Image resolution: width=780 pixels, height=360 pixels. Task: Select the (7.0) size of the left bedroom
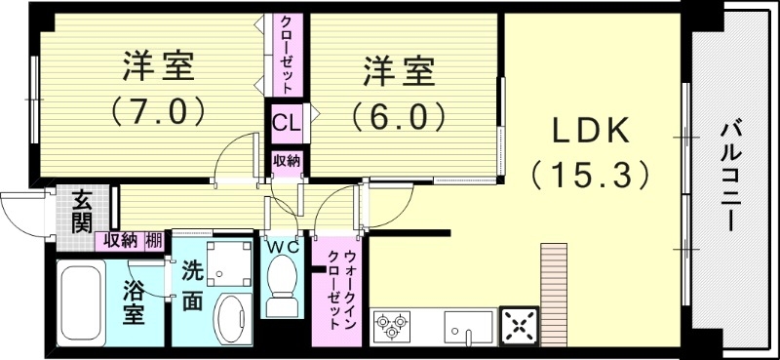coord(158,109)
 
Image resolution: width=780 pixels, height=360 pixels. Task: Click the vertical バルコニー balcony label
coord(730,176)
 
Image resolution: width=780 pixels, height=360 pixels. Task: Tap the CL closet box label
coord(286,124)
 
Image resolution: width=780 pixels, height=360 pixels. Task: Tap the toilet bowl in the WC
coord(283,285)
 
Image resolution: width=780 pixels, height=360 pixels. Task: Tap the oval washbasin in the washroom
coord(232,319)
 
